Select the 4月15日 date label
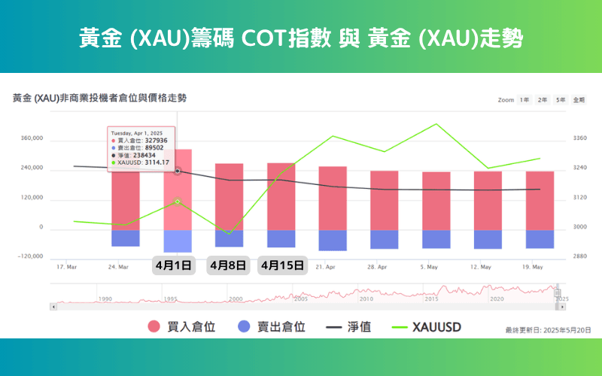[x=282, y=265]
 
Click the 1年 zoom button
[x=524, y=100]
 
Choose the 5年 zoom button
[x=561, y=100]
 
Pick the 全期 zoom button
[x=579, y=100]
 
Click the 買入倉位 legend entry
[x=184, y=327]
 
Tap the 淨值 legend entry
[x=353, y=327]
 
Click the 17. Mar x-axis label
[x=66, y=267]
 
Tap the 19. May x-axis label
[x=533, y=267]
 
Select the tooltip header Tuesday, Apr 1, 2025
[x=142, y=133]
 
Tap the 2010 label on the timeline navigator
[x=366, y=299]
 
